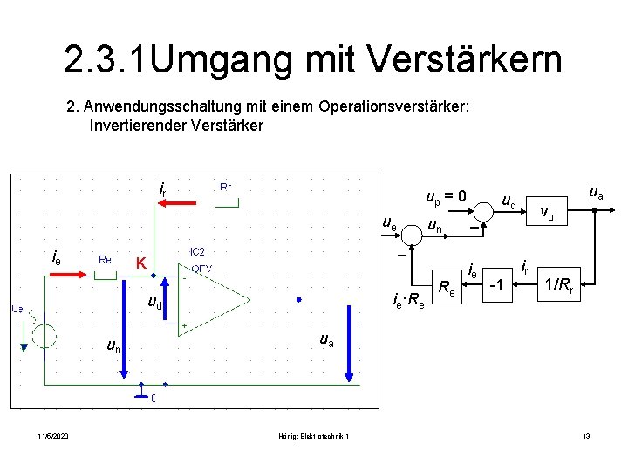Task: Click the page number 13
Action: (x=586, y=435)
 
